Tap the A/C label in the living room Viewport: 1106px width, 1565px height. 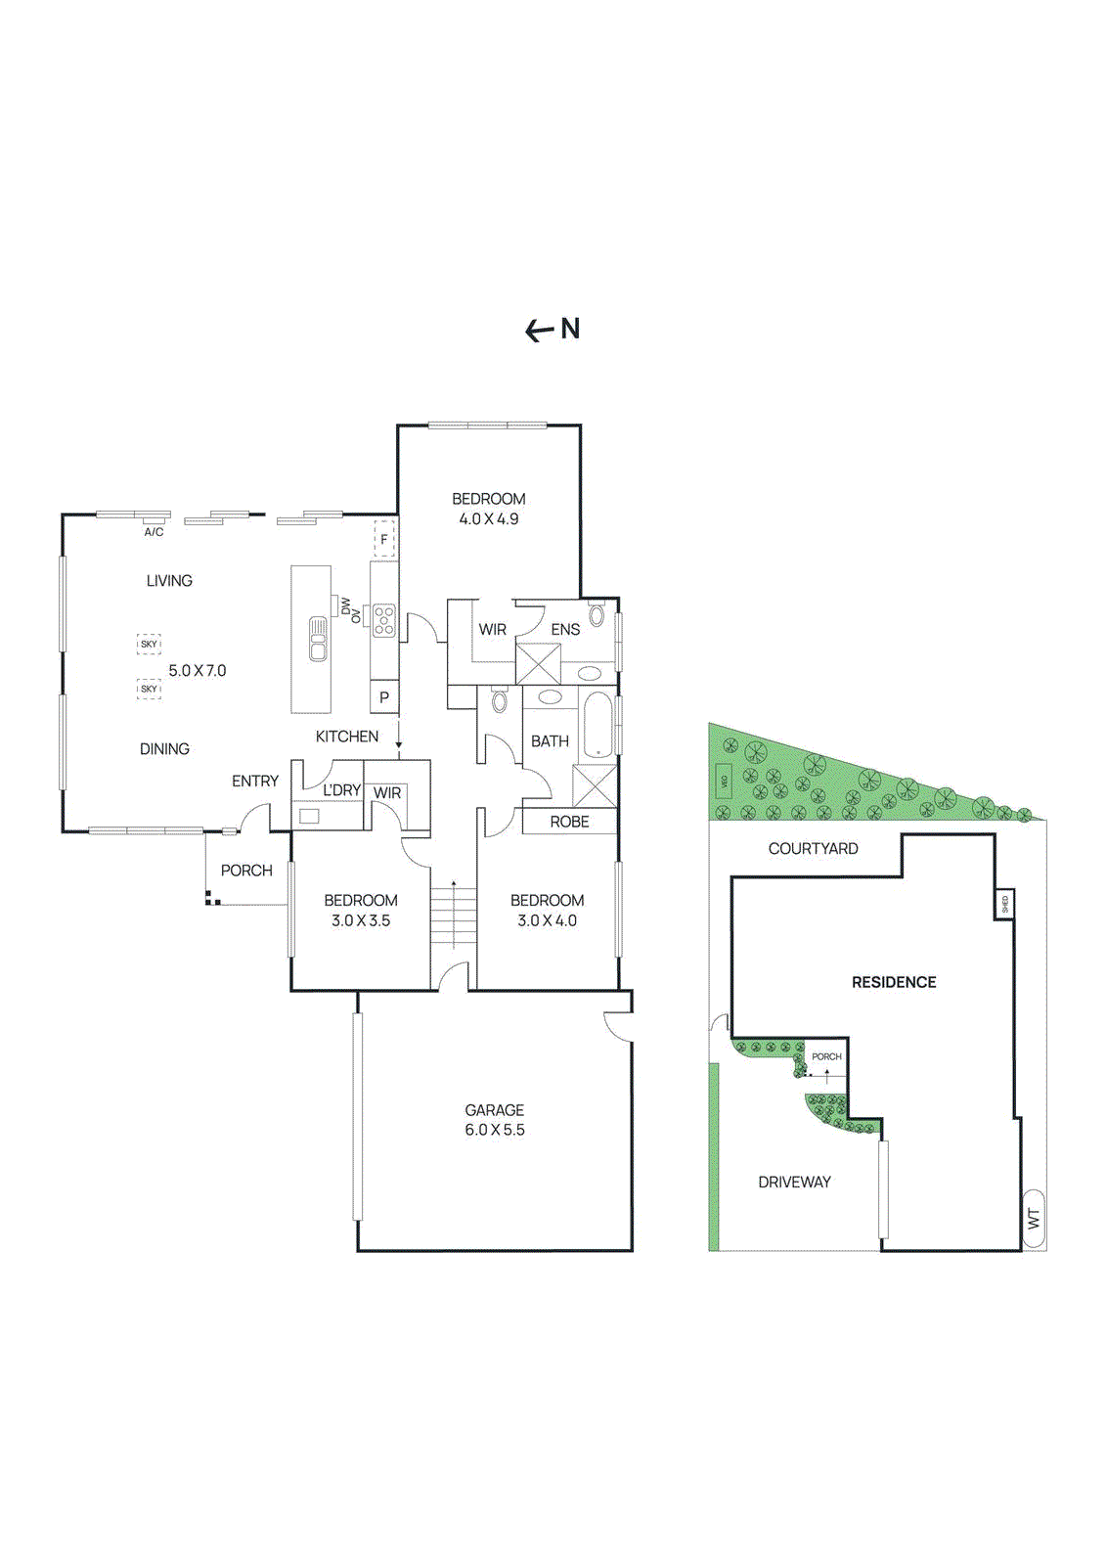tap(154, 532)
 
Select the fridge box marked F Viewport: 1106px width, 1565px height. tap(384, 539)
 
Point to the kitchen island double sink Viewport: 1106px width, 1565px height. tap(318, 639)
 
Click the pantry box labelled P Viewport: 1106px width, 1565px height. tap(384, 697)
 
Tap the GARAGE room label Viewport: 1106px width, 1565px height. tap(494, 1110)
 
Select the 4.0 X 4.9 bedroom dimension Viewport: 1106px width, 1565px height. tap(489, 519)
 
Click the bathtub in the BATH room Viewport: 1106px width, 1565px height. tap(597, 725)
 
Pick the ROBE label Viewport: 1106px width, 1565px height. tap(569, 822)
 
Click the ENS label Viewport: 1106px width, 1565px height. tap(565, 630)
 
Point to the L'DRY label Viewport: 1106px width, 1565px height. tap(342, 790)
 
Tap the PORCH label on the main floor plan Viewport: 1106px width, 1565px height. tap(246, 871)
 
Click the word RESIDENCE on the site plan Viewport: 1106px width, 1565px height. tap(894, 982)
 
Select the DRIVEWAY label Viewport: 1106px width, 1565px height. tap(794, 1183)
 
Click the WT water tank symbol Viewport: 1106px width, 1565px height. tap(1033, 1219)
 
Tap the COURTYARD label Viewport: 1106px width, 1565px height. tap(813, 849)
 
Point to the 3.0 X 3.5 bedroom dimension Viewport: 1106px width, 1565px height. tap(361, 920)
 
